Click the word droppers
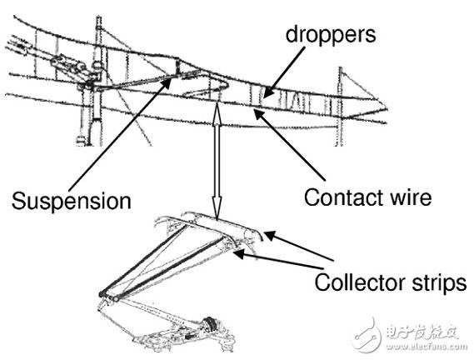(331, 36)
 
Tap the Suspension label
(72, 201)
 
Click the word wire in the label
(406, 197)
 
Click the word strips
(439, 282)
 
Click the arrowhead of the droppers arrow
(268, 91)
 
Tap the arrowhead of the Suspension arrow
(167, 82)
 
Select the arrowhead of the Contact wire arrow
(259, 115)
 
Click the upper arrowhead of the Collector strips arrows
(270, 235)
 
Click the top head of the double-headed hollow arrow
(217, 112)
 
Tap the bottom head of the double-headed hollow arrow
(217, 207)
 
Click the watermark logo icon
(367, 335)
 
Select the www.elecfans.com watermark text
(426, 347)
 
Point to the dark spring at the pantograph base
(209, 323)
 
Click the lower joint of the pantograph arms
(109, 296)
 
